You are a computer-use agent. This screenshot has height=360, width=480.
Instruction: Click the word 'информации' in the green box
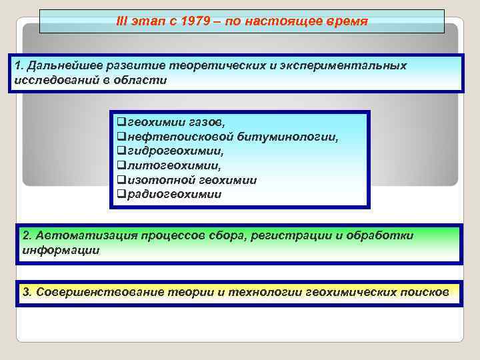pos(61,251)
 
